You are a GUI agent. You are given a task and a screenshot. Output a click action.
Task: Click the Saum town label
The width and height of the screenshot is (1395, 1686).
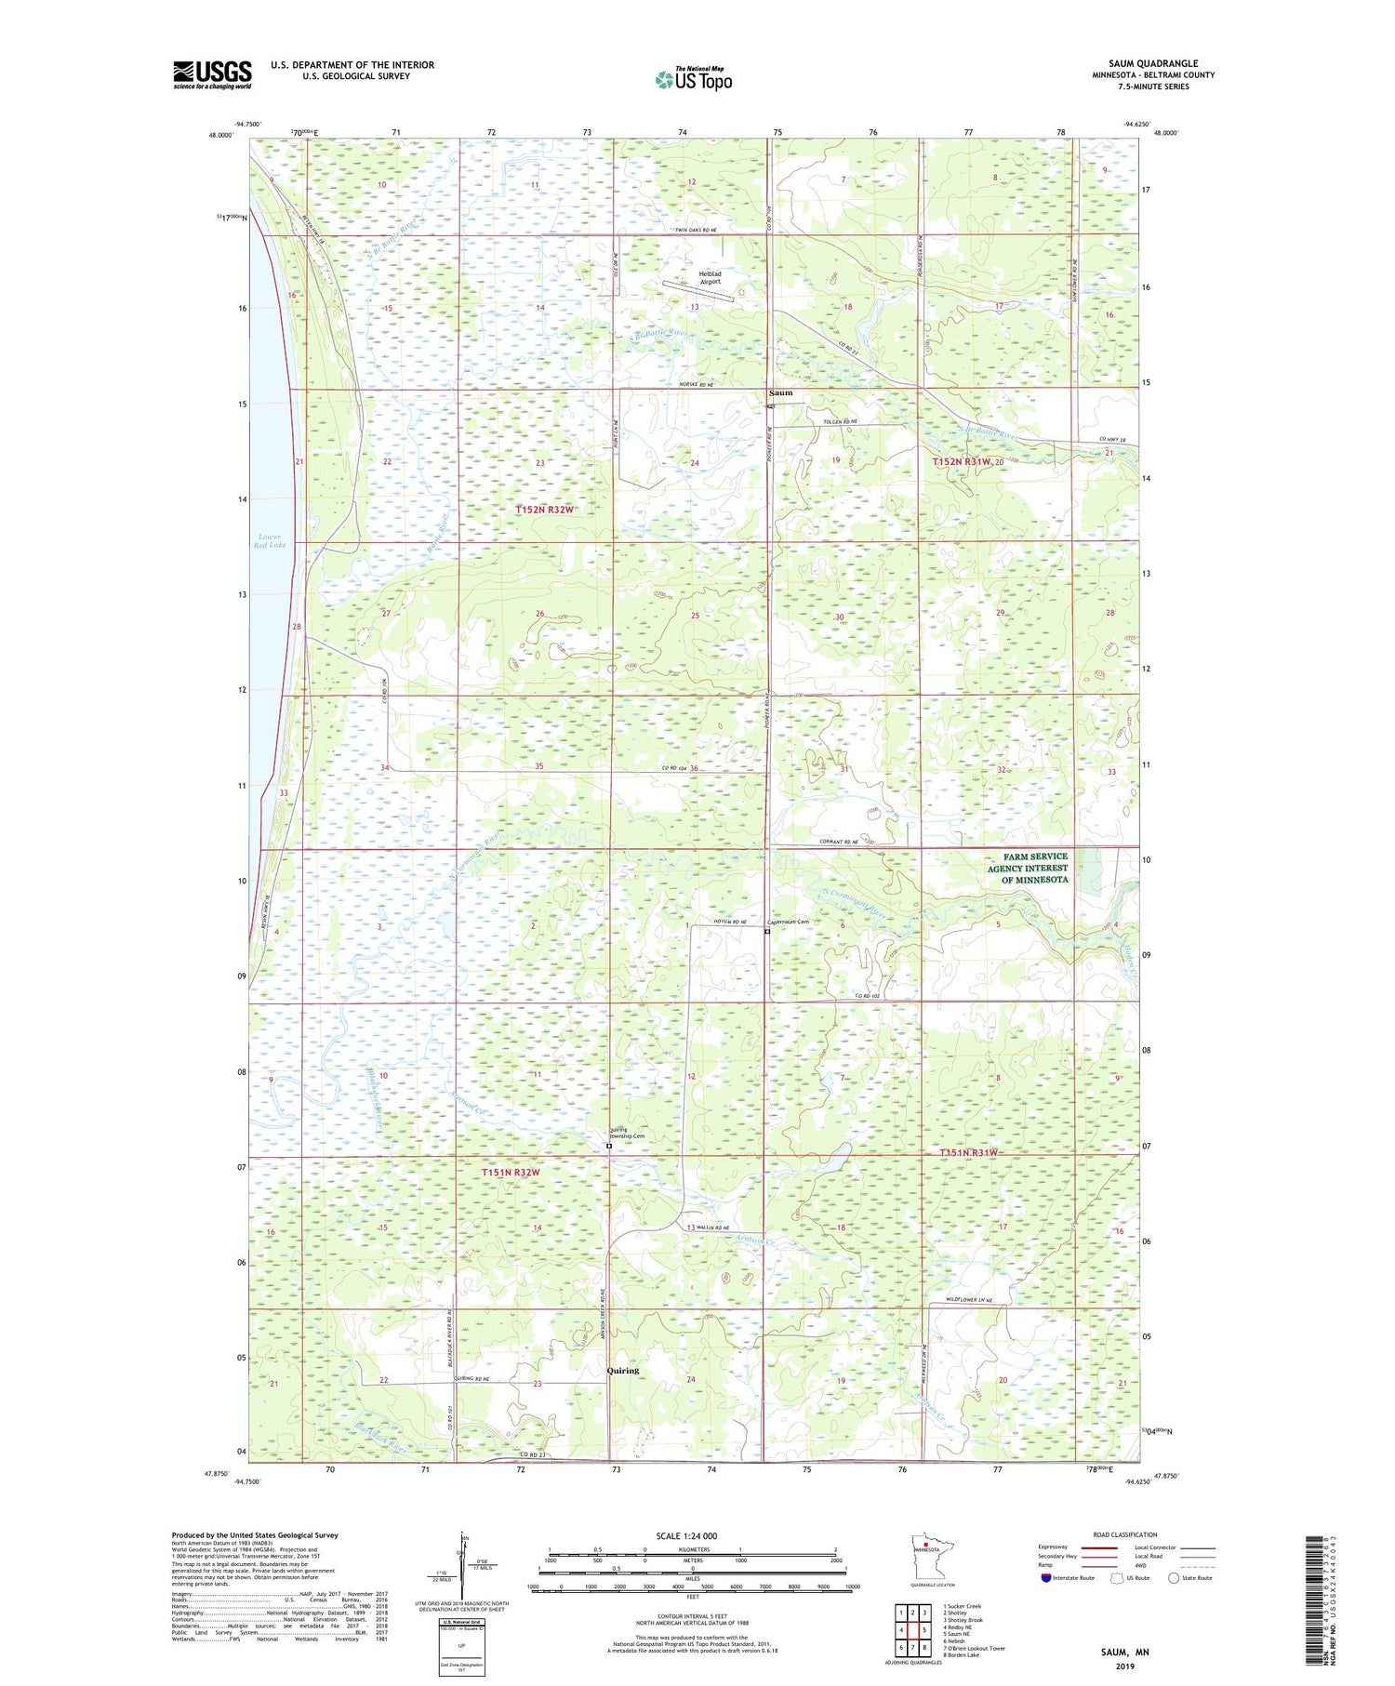781,392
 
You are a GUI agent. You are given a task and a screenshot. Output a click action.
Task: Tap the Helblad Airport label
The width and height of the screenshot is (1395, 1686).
711,277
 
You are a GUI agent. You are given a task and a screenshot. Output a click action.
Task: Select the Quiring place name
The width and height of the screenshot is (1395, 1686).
622,1370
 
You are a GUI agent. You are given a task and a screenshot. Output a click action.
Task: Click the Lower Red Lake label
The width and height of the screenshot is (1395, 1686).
269,541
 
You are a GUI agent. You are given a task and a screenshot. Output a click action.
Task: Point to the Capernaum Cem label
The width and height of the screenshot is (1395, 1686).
788,922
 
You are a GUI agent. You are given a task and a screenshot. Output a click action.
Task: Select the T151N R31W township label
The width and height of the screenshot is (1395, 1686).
967,1152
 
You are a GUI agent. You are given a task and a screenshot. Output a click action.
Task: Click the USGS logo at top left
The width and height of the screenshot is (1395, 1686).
212,74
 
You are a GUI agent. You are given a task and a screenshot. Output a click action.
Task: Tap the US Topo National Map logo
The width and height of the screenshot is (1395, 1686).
693,79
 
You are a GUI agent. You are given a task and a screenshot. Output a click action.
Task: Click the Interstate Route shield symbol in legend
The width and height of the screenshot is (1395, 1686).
1046,1578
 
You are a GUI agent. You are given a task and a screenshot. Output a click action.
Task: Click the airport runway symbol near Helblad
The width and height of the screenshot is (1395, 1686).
697,291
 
